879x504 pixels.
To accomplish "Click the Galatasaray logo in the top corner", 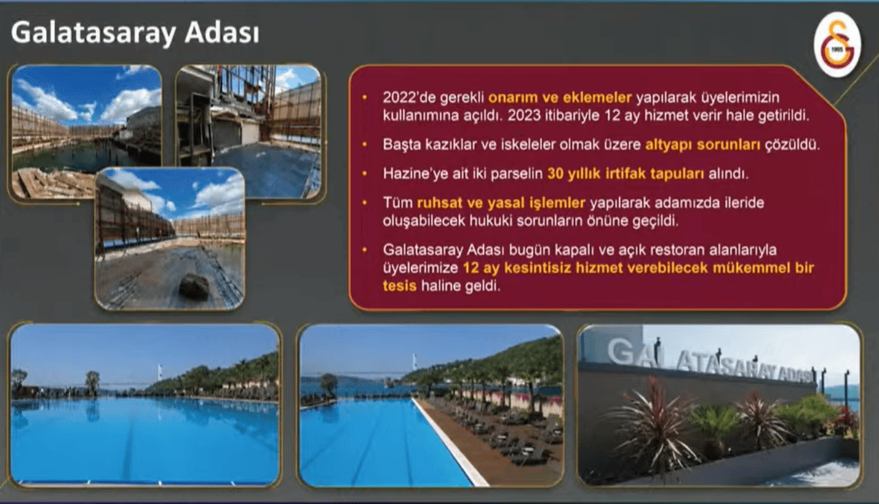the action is (838, 44).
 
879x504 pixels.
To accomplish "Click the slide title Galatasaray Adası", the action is (135, 33).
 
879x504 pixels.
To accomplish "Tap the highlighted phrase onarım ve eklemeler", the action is (560, 98).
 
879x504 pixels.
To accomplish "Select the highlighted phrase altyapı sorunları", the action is (703, 145).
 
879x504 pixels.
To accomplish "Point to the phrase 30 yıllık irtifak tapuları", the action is (626, 173).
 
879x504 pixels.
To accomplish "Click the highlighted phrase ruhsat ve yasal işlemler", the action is (501, 202).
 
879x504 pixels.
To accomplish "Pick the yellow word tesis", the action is (399, 286).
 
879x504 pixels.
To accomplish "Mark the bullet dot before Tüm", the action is (365, 203).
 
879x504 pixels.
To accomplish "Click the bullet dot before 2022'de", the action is (365, 98).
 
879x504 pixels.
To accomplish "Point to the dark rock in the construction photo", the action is (194, 286).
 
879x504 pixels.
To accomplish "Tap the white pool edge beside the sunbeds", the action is (450, 442).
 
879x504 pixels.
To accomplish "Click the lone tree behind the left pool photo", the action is (92, 382).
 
